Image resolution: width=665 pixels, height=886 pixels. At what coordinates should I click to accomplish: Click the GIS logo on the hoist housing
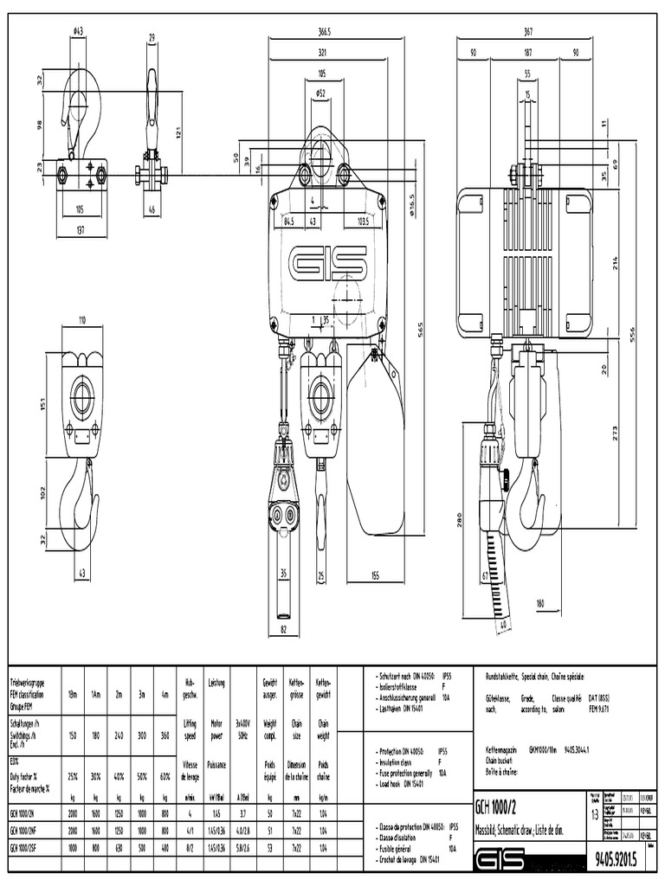328,262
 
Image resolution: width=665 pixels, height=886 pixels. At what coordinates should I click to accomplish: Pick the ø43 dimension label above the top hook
78,32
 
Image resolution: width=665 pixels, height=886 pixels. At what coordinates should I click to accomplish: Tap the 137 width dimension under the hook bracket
81,229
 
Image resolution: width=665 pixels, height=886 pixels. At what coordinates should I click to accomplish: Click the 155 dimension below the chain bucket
376,575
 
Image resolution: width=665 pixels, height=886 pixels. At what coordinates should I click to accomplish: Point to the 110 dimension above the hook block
83,320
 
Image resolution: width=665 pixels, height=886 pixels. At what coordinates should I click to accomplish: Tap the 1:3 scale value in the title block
594,814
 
